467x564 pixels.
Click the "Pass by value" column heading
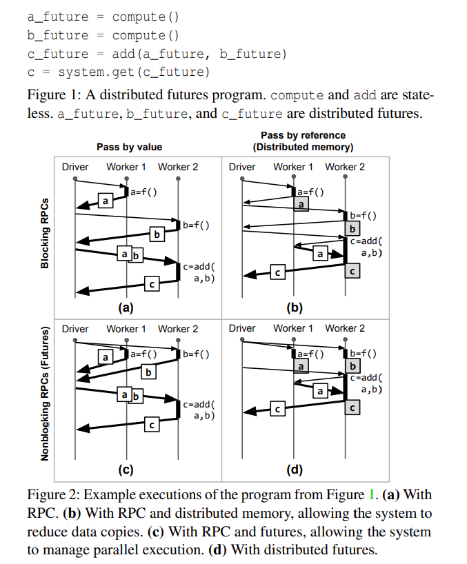click(x=129, y=147)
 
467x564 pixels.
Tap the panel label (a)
click(x=125, y=308)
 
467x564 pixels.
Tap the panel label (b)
click(x=294, y=308)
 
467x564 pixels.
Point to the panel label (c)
click(x=125, y=471)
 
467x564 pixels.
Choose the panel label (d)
click(x=294, y=471)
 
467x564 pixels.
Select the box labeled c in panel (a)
click(x=152, y=282)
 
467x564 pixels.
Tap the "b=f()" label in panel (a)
click(x=197, y=225)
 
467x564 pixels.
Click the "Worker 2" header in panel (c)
click(x=178, y=329)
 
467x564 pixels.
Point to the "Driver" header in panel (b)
click(x=241, y=167)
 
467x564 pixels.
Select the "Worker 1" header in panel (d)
click(x=293, y=328)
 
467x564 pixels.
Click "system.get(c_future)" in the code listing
click(x=134, y=72)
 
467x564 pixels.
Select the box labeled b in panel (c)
click(x=147, y=372)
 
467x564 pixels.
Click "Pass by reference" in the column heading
click(x=303, y=135)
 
